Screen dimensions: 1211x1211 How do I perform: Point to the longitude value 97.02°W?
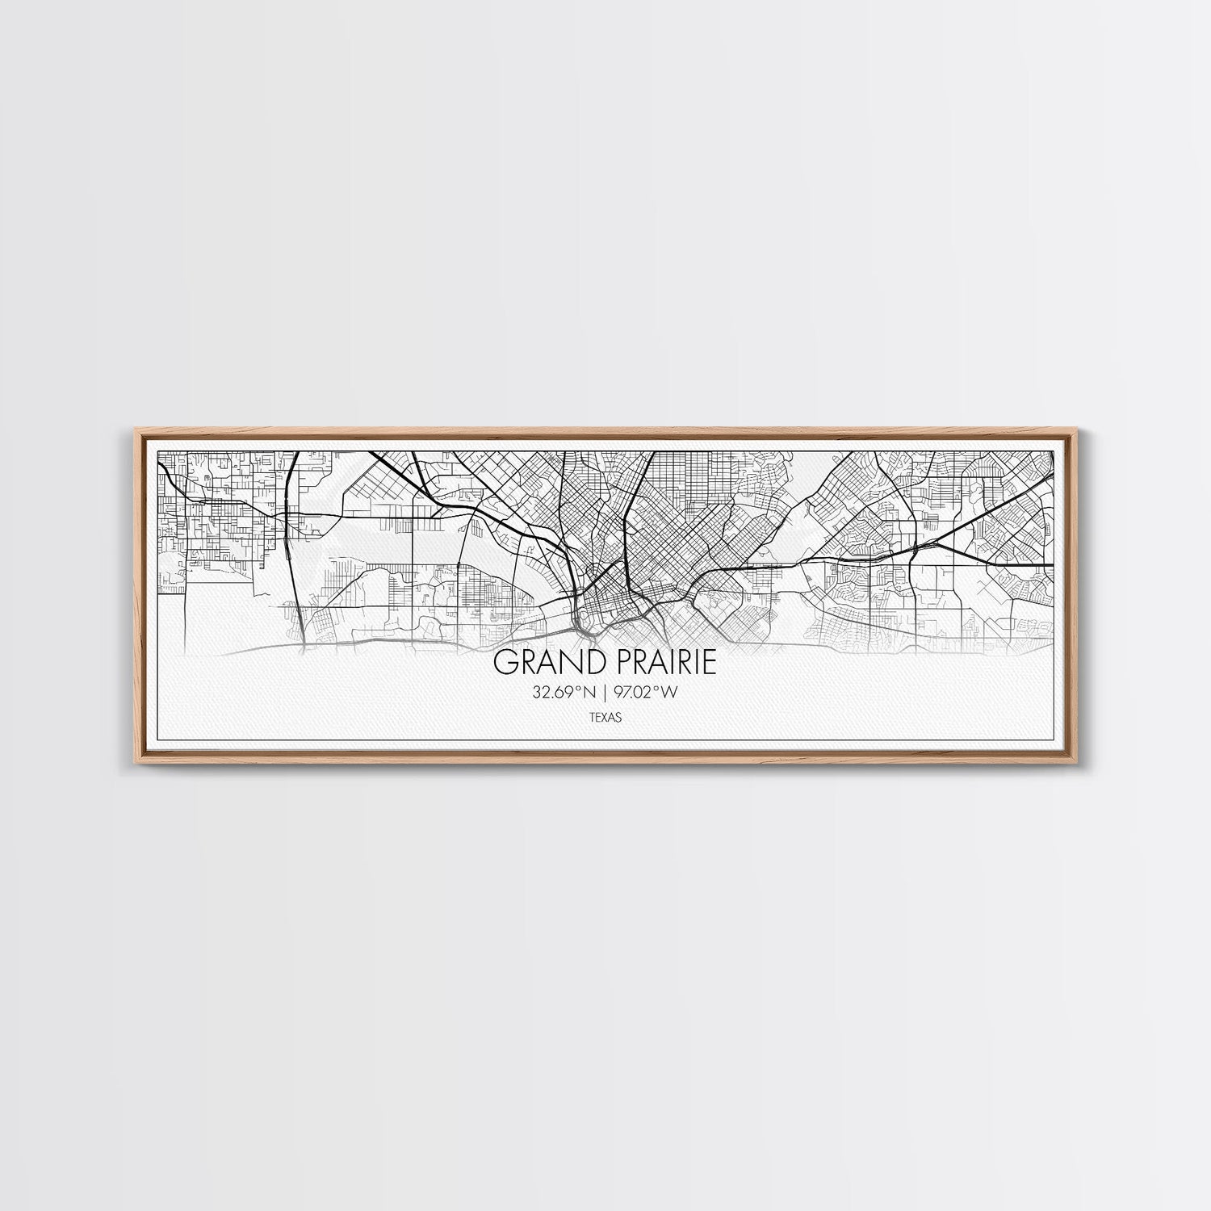[643, 692]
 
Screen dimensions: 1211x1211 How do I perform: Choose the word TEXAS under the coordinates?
[605, 716]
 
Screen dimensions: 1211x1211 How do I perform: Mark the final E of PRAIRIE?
[710, 663]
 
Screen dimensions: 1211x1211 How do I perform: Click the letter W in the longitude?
[669, 692]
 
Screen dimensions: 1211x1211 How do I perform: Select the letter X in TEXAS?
[605, 716]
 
